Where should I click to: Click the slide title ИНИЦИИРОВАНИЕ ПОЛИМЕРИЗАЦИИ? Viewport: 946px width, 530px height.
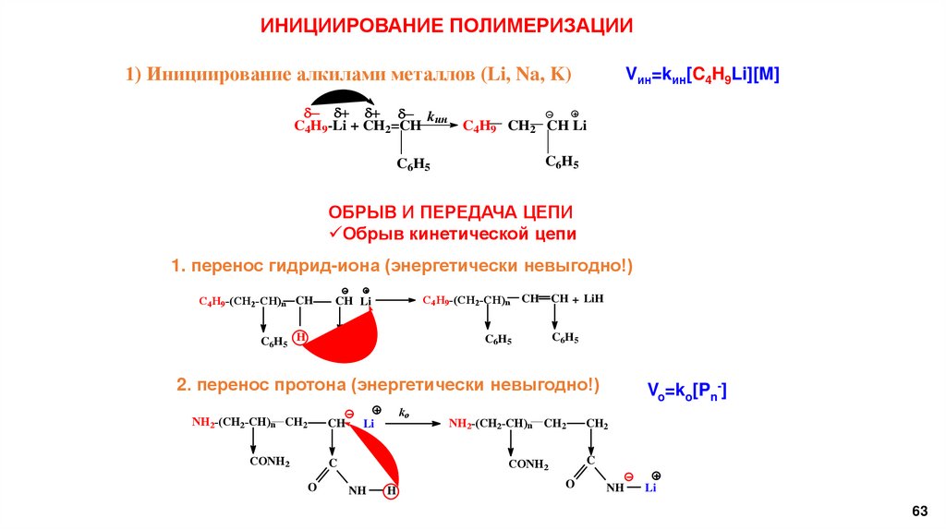[447, 26]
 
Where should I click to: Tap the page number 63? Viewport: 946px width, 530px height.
[918, 511]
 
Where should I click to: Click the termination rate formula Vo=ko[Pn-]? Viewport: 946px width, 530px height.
[686, 391]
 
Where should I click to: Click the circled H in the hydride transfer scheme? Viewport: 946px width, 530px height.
[299, 338]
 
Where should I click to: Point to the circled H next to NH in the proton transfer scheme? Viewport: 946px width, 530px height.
[391, 491]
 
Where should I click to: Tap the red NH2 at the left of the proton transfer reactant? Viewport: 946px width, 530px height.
[202, 422]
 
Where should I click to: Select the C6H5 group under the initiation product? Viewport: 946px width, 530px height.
[562, 163]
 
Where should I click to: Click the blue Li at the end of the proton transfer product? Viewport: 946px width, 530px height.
[650, 487]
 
